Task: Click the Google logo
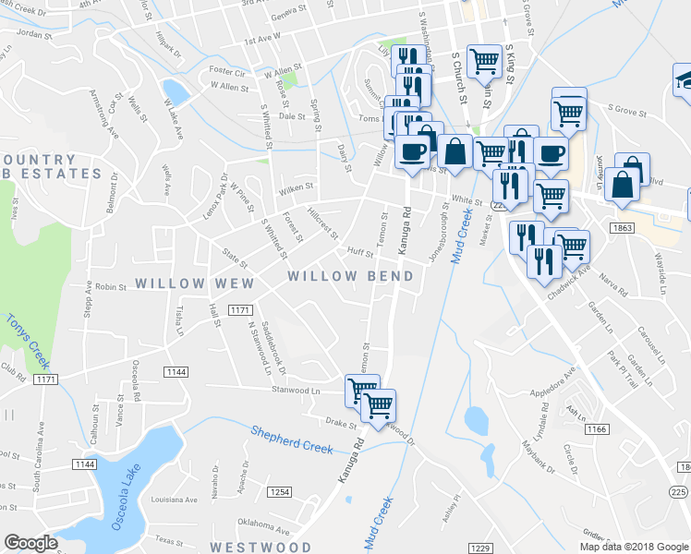[x=30, y=543]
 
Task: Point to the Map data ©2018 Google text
[x=635, y=547]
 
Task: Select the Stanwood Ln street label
[x=295, y=391]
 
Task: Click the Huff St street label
[x=359, y=251]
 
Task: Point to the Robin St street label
[x=109, y=287]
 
